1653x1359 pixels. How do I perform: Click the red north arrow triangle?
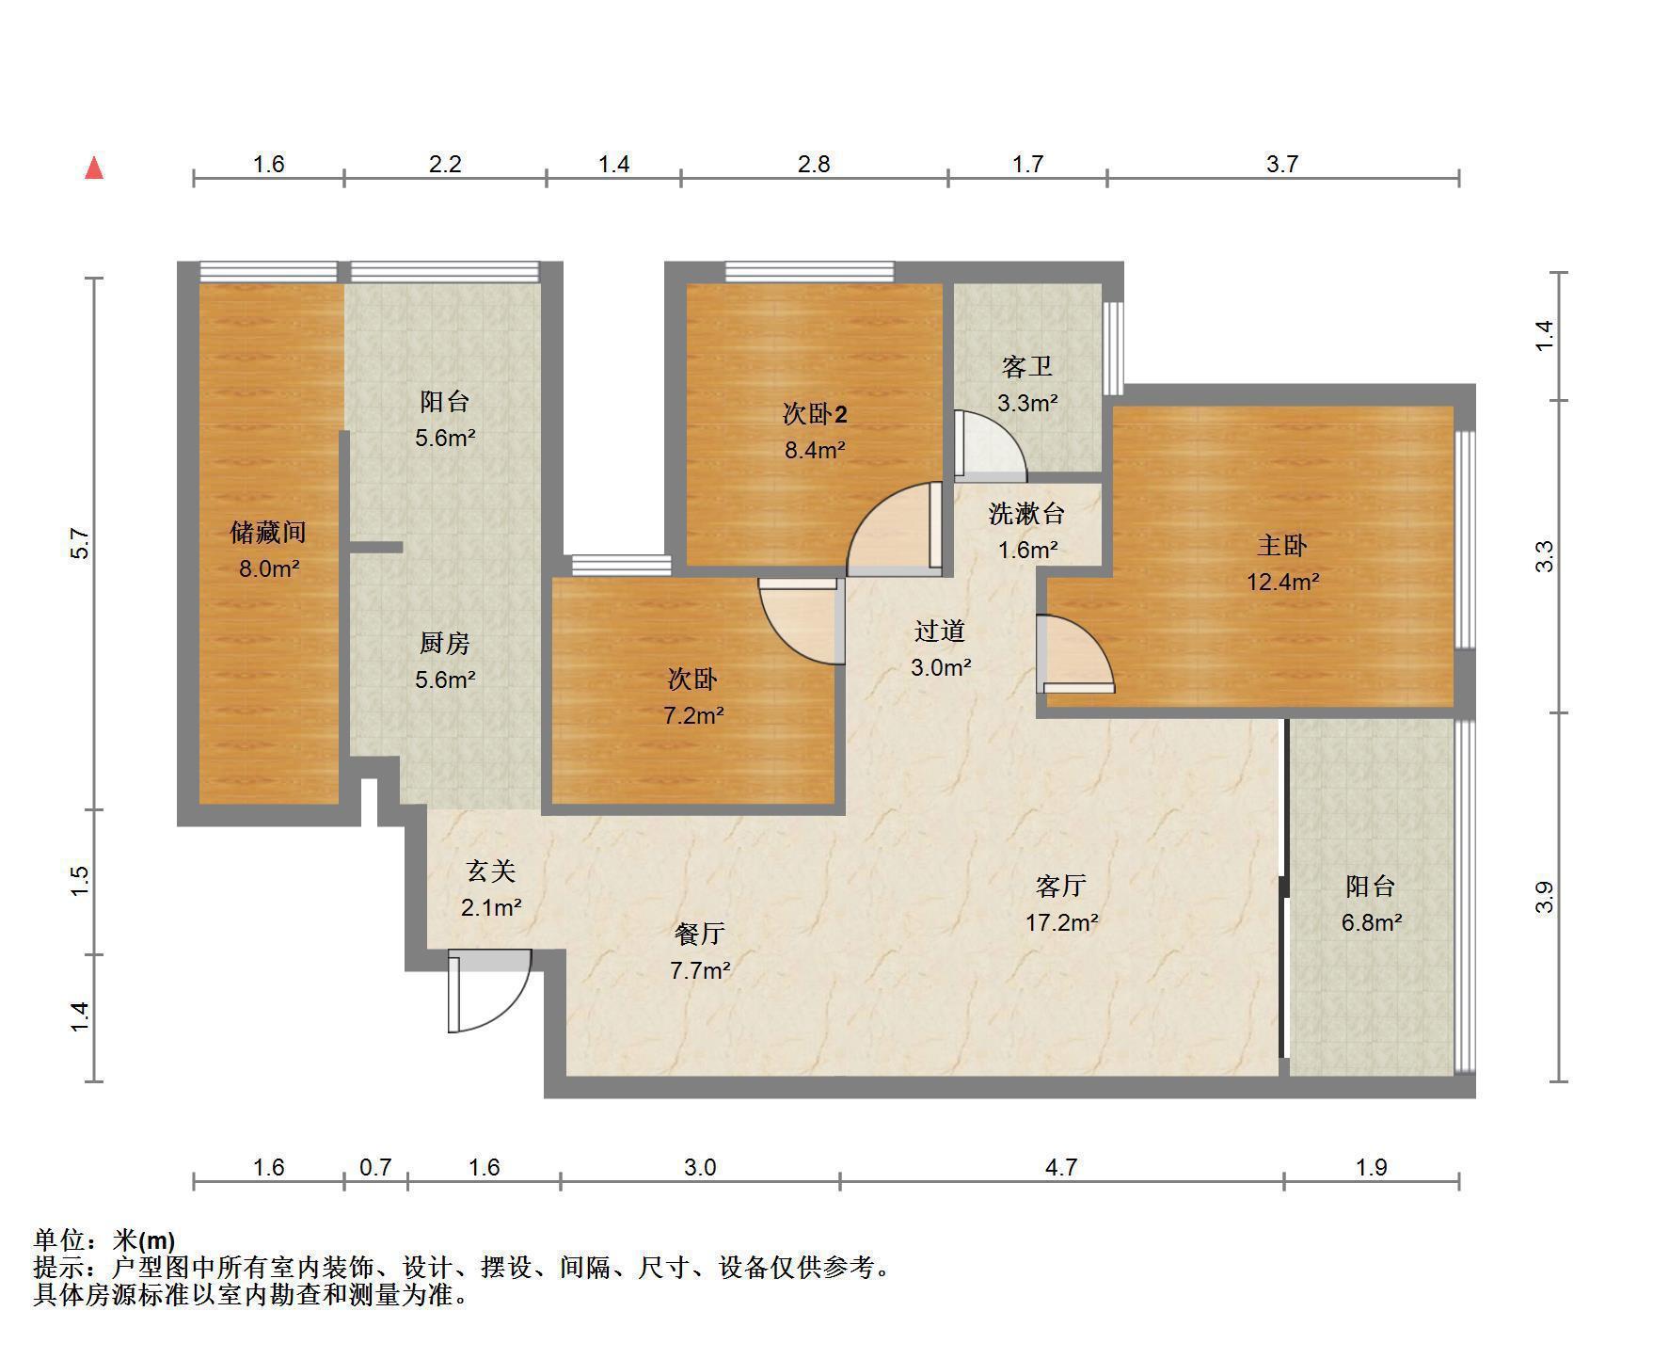94,168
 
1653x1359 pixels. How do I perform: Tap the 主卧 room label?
1282,546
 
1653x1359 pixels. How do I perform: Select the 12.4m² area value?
1282,582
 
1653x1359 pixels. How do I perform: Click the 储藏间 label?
268,533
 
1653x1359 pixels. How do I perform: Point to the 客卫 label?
1027,366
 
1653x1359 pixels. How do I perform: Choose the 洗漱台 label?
1026,514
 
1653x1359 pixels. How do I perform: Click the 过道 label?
940,631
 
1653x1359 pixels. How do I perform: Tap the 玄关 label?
491,871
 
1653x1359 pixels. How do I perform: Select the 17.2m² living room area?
1061,922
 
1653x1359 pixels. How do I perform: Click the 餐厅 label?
700,934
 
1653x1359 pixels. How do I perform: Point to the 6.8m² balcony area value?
1372,922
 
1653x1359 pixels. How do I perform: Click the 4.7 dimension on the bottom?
1061,1167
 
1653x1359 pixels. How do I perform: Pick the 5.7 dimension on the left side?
81,545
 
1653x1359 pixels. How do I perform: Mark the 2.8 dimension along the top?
814,165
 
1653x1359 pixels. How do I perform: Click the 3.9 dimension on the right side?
1544,898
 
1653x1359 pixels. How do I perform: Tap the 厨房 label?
445,644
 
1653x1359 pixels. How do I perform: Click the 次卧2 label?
815,414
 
